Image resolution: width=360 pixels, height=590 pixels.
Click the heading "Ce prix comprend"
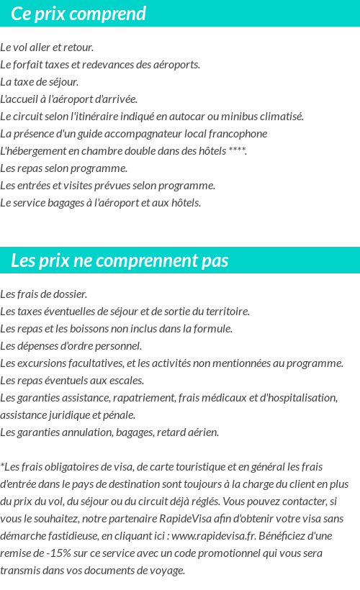pyautogui.click(x=78, y=14)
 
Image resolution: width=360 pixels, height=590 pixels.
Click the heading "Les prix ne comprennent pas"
pyautogui.click(x=120, y=260)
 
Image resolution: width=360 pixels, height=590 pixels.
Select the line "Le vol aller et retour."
pyautogui.click(x=47, y=47)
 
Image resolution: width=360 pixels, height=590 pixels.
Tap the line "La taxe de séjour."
pyautogui.click(x=40, y=82)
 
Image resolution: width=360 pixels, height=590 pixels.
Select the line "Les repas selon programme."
pyautogui.click(x=63, y=168)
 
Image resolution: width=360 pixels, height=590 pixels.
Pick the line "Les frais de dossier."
pyautogui.click(x=44, y=294)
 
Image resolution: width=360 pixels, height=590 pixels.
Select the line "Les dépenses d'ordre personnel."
pyautogui.click(x=71, y=346)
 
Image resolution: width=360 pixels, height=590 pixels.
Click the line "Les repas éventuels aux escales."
pyautogui.click(x=72, y=381)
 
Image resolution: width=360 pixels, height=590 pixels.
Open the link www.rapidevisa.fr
pyautogui.click(x=214, y=536)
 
